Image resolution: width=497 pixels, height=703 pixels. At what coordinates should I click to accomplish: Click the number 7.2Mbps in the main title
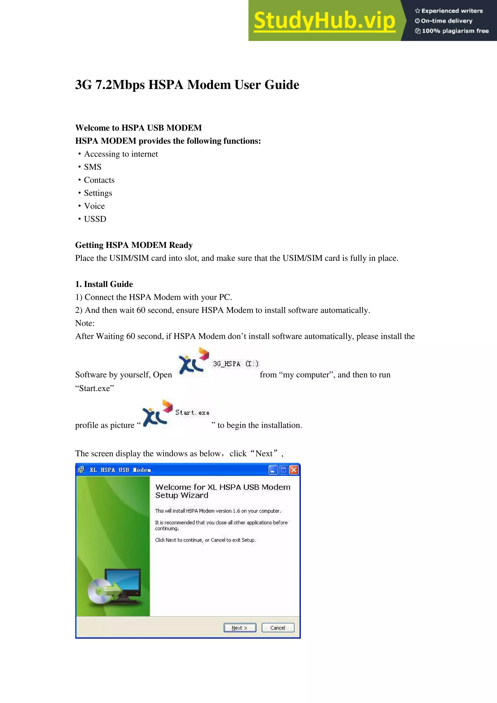pyautogui.click(x=120, y=85)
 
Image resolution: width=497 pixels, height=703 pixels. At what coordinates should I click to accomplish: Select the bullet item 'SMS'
pyautogui.click(x=92, y=167)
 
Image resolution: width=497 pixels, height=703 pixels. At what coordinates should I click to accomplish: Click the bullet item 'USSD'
pyautogui.click(x=95, y=219)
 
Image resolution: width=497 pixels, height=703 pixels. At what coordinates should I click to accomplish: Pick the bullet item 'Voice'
pyautogui.click(x=94, y=206)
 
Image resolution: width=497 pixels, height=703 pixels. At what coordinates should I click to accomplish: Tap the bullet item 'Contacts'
pyautogui.click(x=99, y=180)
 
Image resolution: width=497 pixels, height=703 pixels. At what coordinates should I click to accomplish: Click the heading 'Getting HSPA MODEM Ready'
pyautogui.click(x=134, y=245)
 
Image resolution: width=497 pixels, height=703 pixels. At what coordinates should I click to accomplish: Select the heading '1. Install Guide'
pyautogui.click(x=104, y=284)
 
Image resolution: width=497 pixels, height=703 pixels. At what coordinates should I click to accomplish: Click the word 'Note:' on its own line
pyautogui.click(x=85, y=323)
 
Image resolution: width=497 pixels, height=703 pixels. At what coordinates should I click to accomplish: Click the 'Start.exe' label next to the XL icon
pyautogui.click(x=192, y=413)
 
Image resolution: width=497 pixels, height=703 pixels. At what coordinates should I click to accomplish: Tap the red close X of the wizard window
pyautogui.click(x=294, y=470)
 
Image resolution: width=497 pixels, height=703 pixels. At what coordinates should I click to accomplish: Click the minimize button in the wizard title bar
pyautogui.click(x=273, y=470)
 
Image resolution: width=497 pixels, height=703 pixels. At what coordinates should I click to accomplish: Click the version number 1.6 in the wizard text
pyautogui.click(x=236, y=511)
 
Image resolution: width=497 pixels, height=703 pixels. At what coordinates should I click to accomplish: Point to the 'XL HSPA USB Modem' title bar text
pyautogui.click(x=120, y=470)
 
